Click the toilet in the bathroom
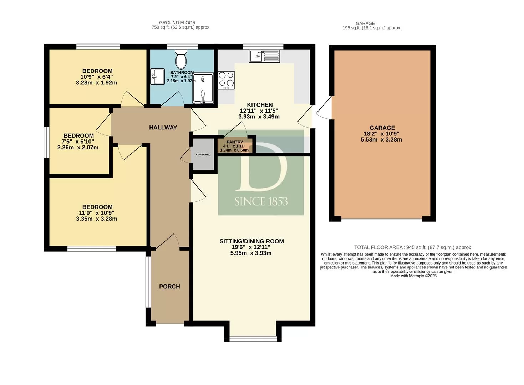point(181,58)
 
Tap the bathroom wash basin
point(157,77)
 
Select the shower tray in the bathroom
point(203,88)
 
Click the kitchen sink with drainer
point(264,56)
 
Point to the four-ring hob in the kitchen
point(226,80)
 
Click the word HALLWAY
point(163,127)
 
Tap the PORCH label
point(169,287)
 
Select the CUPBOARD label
point(203,154)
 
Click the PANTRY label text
point(235,142)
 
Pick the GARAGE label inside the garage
point(382,128)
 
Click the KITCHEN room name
point(260,105)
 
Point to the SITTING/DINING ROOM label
point(252,241)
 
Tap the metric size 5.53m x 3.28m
point(382,139)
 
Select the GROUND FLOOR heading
point(177,23)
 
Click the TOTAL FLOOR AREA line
point(413,247)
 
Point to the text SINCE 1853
point(261,201)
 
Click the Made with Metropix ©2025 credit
point(413,276)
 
